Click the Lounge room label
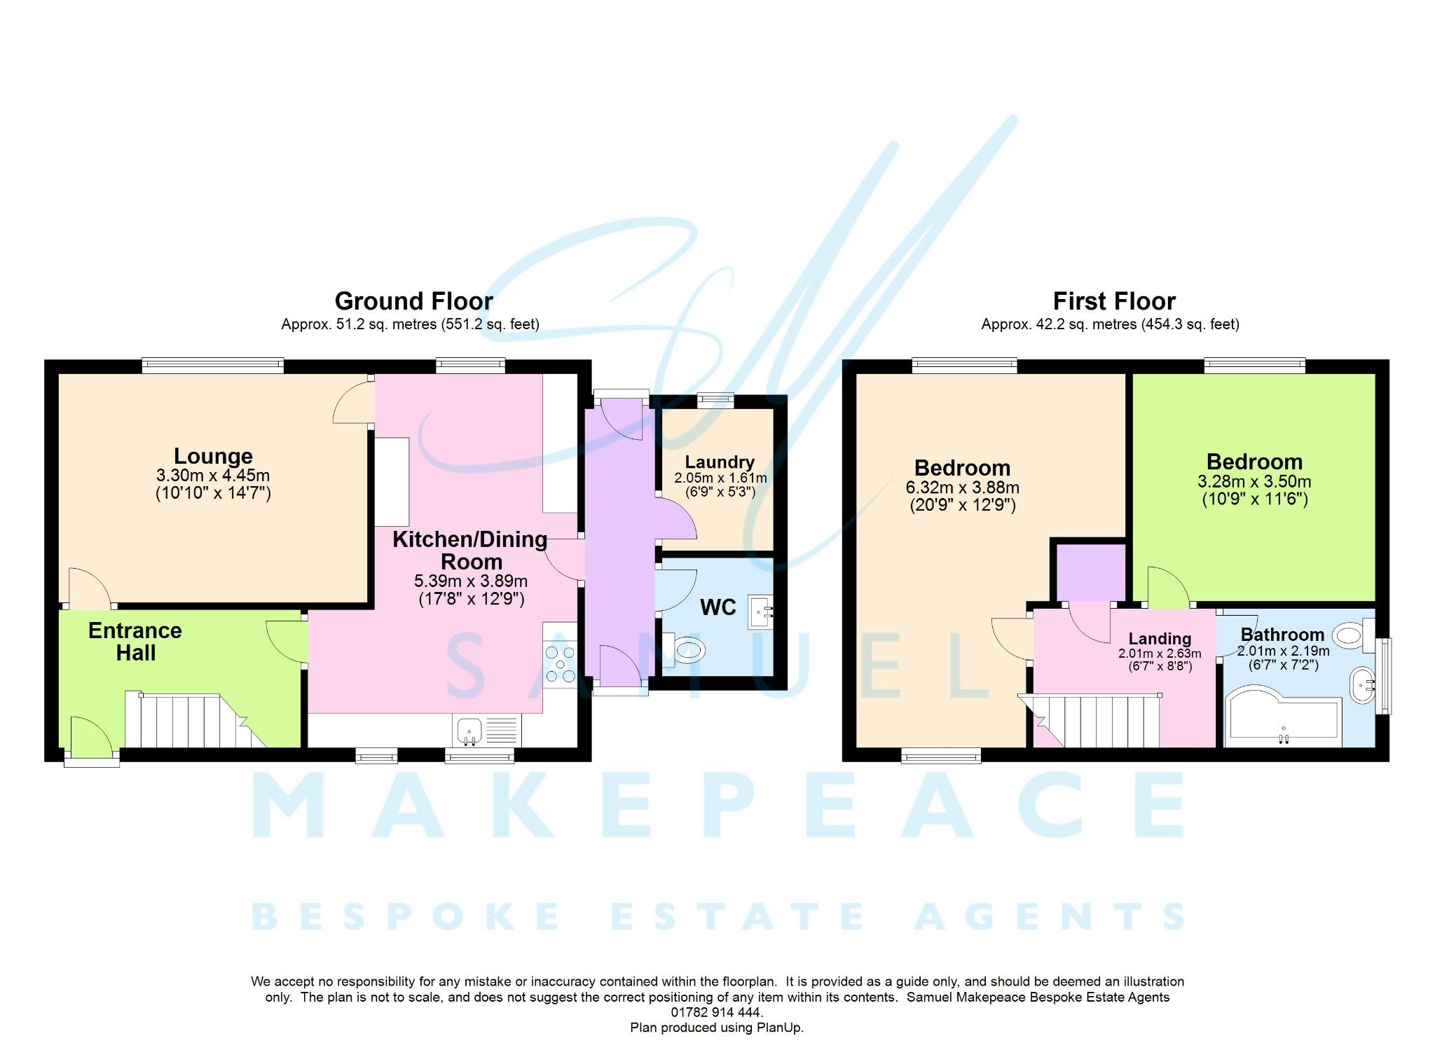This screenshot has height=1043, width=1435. [x=213, y=456]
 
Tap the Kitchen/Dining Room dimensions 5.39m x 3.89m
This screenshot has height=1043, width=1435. [x=471, y=581]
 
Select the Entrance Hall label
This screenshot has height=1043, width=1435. [x=135, y=642]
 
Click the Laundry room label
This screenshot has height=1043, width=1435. [x=720, y=462]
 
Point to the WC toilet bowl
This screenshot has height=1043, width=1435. [x=684, y=650]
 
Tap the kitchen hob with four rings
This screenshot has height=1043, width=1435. [x=560, y=664]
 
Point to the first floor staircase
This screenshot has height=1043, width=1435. [x=1093, y=721]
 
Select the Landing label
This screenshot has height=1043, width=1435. [x=1160, y=639]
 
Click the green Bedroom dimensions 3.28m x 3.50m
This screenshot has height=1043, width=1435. [x=1254, y=482]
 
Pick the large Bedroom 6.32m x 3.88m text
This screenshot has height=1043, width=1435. [x=962, y=488]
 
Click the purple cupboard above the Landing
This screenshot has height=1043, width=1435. [x=1090, y=572]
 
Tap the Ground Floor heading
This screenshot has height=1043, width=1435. [x=413, y=301]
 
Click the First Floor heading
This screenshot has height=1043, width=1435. [x=1114, y=301]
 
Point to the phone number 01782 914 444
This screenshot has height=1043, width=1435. [x=716, y=1012]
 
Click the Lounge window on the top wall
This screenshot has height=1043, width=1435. [x=212, y=364]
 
